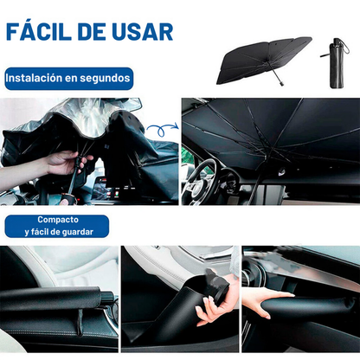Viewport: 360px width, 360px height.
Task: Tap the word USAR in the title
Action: point(143,32)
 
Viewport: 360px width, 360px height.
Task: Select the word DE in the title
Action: point(97,32)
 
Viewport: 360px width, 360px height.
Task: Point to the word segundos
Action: point(106,78)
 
